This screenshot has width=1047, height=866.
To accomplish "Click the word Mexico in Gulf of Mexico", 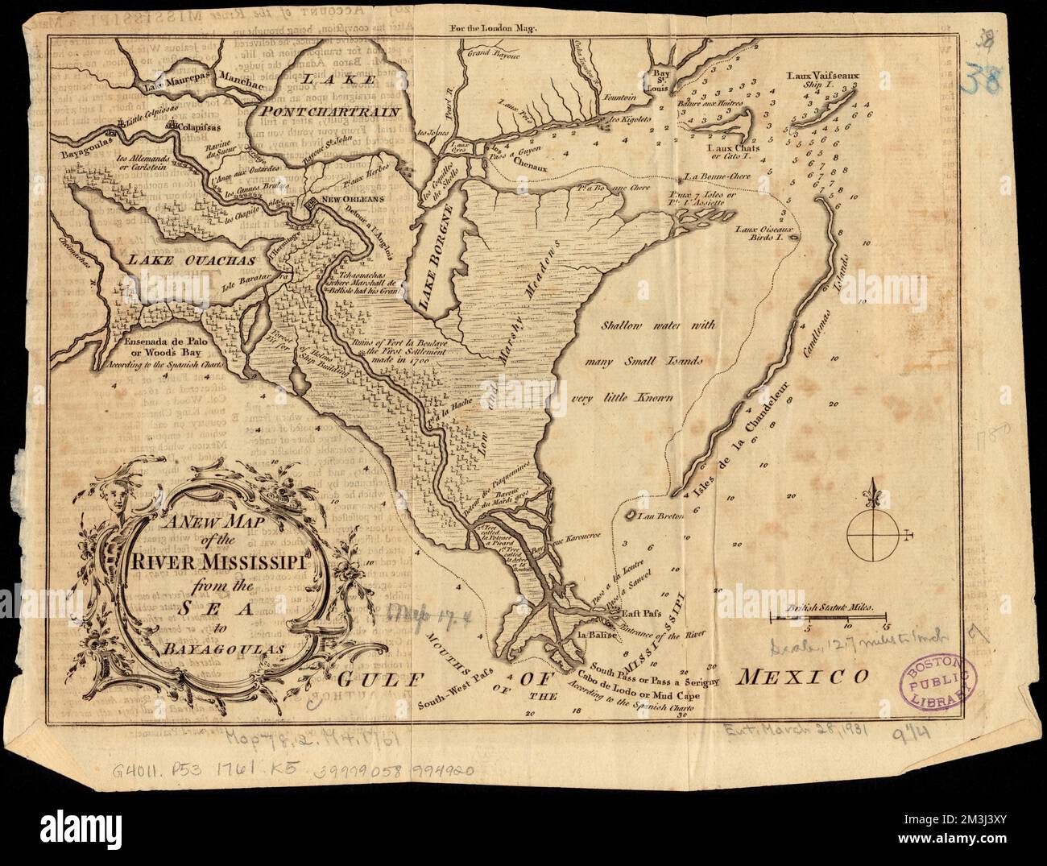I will pyautogui.click(x=801, y=675).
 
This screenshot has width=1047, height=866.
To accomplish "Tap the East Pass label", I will pyautogui.click(x=643, y=613).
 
